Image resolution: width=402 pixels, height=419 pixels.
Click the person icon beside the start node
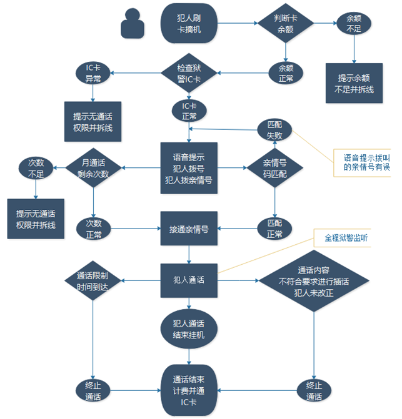[133, 24]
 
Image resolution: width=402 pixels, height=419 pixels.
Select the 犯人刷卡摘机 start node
[189, 23]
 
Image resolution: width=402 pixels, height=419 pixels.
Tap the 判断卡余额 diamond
[285, 23]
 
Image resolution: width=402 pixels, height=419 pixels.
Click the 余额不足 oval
[354, 23]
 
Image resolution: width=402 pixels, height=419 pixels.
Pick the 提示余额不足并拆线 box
[354, 83]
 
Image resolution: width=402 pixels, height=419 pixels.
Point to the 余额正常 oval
[286, 73]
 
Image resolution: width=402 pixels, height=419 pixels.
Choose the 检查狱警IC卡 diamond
[189, 73]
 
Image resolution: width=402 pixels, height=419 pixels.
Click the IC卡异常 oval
[93, 73]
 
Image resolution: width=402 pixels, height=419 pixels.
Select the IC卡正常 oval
[189, 111]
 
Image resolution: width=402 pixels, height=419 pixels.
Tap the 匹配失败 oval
[274, 130]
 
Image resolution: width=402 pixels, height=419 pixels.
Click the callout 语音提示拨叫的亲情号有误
[362, 163]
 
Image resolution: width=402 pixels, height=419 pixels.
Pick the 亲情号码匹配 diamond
[274, 168]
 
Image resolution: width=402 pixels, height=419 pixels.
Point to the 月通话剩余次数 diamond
[93, 168]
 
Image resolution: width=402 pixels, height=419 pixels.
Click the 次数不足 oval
[36, 168]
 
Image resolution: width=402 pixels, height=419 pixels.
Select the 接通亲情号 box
[189, 229]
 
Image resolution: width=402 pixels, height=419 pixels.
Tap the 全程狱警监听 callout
[343, 238]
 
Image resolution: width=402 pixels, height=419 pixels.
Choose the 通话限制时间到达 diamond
[93, 280]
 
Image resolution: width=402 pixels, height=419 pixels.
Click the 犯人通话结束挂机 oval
[189, 329]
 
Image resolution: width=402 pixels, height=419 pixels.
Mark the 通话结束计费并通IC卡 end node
[189, 390]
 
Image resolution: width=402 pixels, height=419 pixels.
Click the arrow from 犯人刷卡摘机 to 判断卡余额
[237, 23]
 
